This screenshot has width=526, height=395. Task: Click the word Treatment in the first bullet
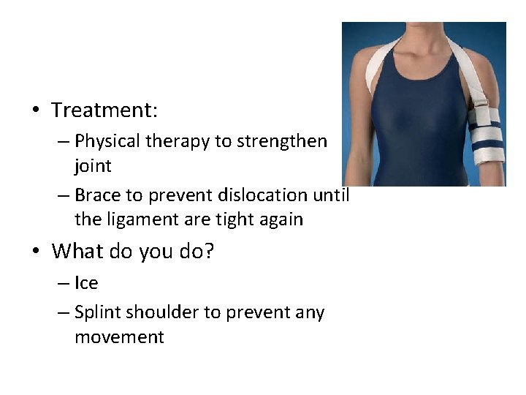[x=103, y=110]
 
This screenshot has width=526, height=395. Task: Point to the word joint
[x=93, y=166]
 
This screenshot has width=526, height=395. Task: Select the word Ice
[x=86, y=283]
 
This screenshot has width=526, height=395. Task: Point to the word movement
[x=119, y=337]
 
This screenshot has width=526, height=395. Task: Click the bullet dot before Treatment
[x=35, y=111]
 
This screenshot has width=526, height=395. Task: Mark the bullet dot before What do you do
[x=35, y=252]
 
